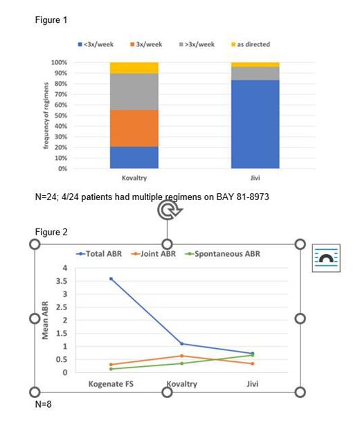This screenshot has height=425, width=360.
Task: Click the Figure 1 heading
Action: tap(51, 19)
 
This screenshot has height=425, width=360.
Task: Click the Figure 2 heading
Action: tap(51, 231)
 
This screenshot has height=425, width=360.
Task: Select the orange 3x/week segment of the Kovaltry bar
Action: tap(134, 128)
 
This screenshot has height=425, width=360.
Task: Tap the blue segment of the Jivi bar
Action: tap(255, 123)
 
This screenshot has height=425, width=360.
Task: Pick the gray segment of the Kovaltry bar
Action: tap(134, 91)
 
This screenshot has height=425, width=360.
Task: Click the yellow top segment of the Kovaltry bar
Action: tap(134, 68)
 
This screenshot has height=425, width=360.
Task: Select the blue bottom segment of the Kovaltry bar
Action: tap(134, 157)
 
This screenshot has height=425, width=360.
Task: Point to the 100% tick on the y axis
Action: tap(59, 62)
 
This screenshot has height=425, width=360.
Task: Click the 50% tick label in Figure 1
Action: tap(60, 116)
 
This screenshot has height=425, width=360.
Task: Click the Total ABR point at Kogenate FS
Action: tap(110, 279)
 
